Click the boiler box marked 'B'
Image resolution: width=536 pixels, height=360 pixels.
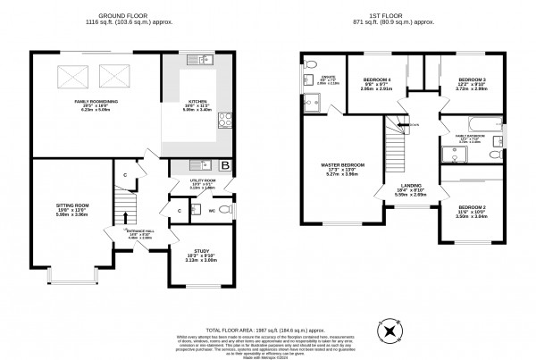click(x=224, y=166)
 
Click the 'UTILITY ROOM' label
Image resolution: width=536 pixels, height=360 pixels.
click(x=203, y=180)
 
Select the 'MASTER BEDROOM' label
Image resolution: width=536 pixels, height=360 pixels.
click(x=342, y=165)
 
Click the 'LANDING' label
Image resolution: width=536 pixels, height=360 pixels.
click(x=412, y=188)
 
